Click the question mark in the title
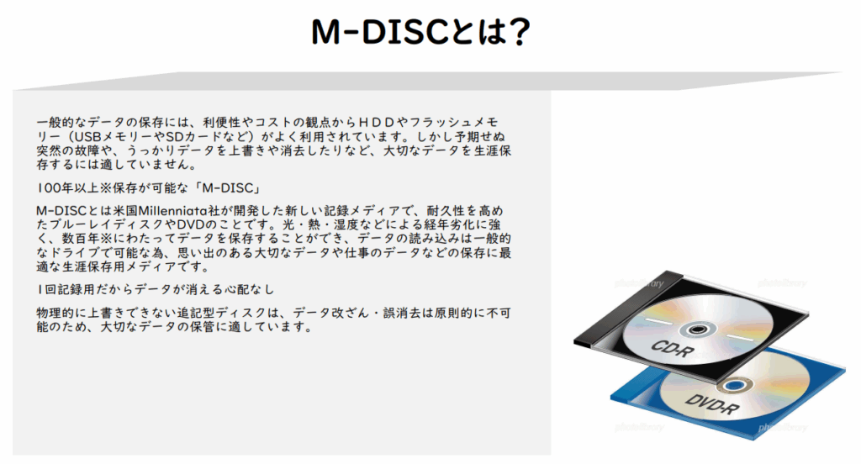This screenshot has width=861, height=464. click(x=516, y=32)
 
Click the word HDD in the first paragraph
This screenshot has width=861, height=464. click(x=376, y=123)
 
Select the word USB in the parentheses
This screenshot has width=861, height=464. click(x=87, y=137)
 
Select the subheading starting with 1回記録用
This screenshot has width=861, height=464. click(x=156, y=289)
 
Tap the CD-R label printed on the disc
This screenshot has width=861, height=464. click(x=672, y=349)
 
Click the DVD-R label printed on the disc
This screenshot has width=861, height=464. click(x=711, y=404)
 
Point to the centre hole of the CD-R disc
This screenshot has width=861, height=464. click(x=697, y=330)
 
